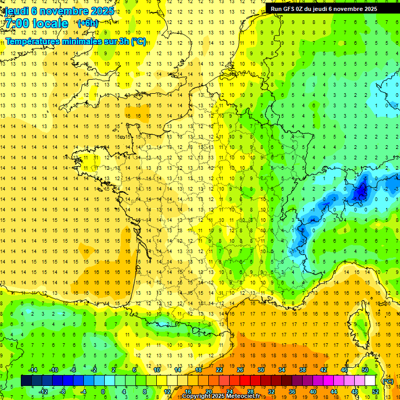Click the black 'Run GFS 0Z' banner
click(329, 8)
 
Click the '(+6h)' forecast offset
click(87, 23)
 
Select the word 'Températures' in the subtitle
click(30, 42)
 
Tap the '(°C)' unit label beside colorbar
click(387, 381)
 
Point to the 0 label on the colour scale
click(103, 392)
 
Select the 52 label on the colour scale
click(376, 392)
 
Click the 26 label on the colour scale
click(240, 370)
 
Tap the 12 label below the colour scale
click(167, 392)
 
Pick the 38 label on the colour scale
click(303, 370)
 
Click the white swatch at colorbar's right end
click(370, 381)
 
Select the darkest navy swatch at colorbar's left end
click(26, 381)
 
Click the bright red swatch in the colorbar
click(245, 381)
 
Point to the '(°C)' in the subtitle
click(138, 42)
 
